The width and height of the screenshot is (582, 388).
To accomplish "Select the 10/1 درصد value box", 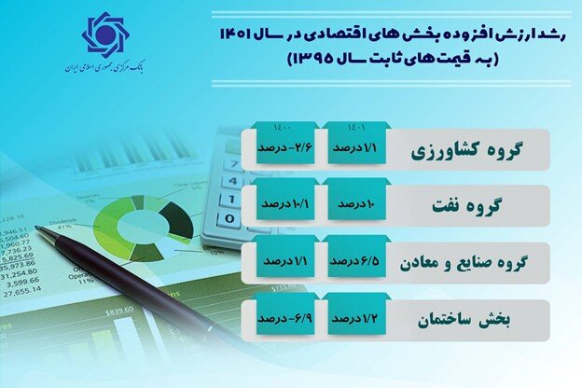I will pyautogui.click(x=284, y=202).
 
